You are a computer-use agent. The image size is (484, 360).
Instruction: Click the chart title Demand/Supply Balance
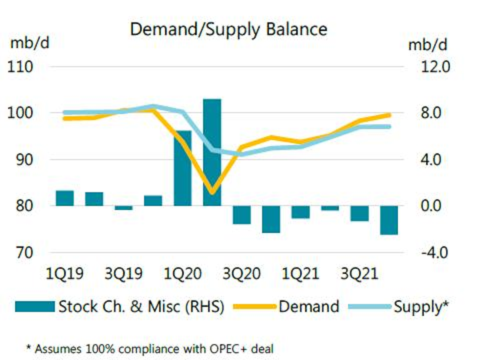pyautogui.click(x=228, y=30)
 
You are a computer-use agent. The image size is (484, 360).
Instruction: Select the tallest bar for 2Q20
pyautogui.click(x=212, y=152)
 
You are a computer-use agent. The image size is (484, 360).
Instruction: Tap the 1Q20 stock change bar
pyautogui.click(x=182, y=168)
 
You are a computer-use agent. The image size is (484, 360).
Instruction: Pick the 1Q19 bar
pyautogui.click(x=65, y=198)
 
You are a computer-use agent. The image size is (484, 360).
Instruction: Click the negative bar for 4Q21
pyautogui.click(x=389, y=220)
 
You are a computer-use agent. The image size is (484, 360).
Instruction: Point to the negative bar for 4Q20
pyautogui.click(x=271, y=219)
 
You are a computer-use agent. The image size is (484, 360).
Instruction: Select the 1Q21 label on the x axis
pyautogui.click(x=300, y=275)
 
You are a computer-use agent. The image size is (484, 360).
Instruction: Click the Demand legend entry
pyautogui.click(x=309, y=306)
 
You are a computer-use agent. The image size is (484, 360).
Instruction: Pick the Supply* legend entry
pyautogui.click(x=421, y=306)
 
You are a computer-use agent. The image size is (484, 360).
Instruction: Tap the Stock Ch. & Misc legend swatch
pyautogui.click(x=35, y=306)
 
